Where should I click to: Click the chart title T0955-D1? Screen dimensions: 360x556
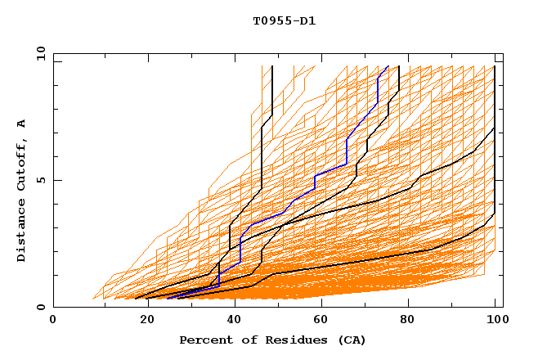pyautogui.click(x=278, y=21)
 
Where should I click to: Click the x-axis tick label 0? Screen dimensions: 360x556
pyautogui.click(x=53, y=320)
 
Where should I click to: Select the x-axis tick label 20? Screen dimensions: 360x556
pyautogui.click(x=141, y=320)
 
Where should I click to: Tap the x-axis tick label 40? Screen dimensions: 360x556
pyautogui.click(x=231, y=320)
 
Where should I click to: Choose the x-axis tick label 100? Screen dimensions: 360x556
pyautogui.click(x=495, y=320)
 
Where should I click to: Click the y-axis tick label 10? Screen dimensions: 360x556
pyautogui.click(x=40, y=53)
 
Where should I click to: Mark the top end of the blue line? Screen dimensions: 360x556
pyautogui.click(x=388, y=66)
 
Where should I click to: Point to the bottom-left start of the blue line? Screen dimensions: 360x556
pyautogui.click(x=167, y=299)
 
